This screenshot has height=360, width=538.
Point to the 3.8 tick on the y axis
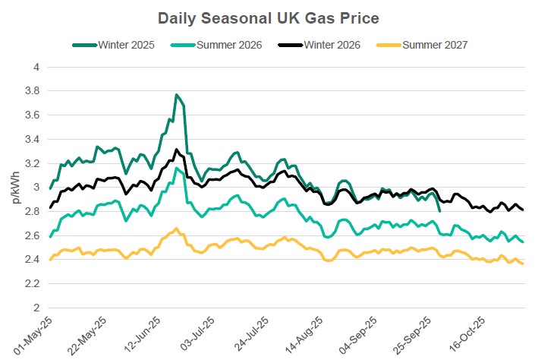point(33,91)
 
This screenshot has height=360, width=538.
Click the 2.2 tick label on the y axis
point(33,284)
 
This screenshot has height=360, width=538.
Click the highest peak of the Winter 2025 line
point(176,95)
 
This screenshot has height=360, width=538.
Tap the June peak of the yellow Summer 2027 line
point(176,228)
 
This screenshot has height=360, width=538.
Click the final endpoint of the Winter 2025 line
point(440,210)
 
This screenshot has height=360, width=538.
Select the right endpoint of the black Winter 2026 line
point(523,210)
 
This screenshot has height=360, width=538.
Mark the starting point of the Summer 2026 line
point(50,237)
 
